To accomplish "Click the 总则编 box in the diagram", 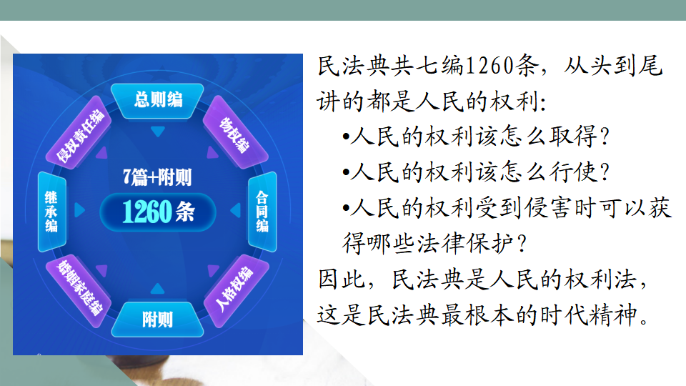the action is pyautogui.click(x=157, y=101).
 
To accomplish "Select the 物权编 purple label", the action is pyautogui.click(x=236, y=133).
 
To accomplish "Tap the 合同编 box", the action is pyautogui.click(x=262, y=212).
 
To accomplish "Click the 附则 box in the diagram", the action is pyautogui.click(x=157, y=320).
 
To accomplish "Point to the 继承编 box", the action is pyautogui.click(x=51, y=212).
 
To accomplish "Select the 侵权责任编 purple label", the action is pyautogui.click(x=79, y=133).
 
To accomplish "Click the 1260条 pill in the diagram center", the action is pyautogui.click(x=158, y=212).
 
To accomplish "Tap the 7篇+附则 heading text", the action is pyautogui.click(x=157, y=177).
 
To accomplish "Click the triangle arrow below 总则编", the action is pyautogui.click(x=157, y=132).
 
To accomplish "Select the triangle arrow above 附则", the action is pyautogui.click(x=157, y=288).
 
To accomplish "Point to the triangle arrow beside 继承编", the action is pyautogui.click(x=79, y=210).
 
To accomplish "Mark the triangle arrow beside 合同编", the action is pyautogui.click(x=235, y=210).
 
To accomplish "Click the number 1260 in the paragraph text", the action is pyautogui.click(x=489, y=66).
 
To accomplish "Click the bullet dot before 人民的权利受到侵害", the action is pyautogui.click(x=346, y=209).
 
